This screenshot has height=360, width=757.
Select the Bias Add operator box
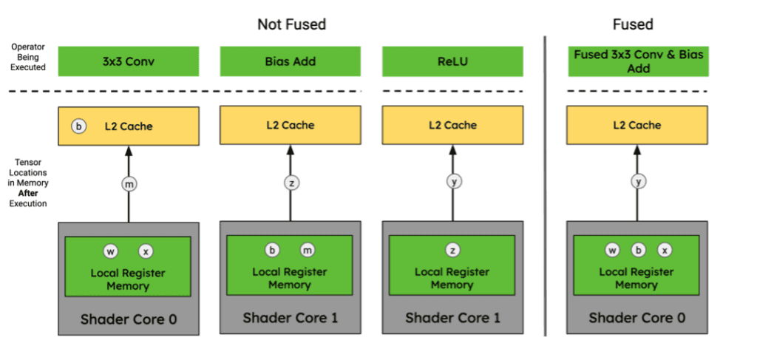click(x=289, y=61)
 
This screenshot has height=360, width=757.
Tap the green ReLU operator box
click(x=452, y=61)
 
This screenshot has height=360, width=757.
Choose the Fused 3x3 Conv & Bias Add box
click(x=638, y=61)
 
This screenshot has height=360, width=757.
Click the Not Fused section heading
click(x=291, y=24)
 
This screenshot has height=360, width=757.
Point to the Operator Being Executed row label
click(x=28, y=57)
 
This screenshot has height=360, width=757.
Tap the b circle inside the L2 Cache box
click(x=78, y=126)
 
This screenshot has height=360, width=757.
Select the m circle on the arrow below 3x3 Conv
click(x=129, y=183)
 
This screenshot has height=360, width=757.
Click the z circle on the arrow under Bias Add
click(x=291, y=183)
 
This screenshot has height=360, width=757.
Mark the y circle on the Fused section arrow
click(x=639, y=183)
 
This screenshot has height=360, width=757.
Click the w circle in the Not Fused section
click(x=110, y=252)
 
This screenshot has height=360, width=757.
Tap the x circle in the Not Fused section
click(x=146, y=252)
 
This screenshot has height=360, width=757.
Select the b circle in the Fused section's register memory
click(x=639, y=251)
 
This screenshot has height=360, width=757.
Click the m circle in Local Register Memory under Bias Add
click(x=308, y=250)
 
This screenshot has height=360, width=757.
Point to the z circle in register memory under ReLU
click(x=453, y=251)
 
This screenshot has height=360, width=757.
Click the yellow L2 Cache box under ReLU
click(x=452, y=126)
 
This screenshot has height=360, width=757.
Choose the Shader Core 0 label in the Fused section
click(x=637, y=318)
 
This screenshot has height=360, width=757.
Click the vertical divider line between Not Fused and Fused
click(x=546, y=185)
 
